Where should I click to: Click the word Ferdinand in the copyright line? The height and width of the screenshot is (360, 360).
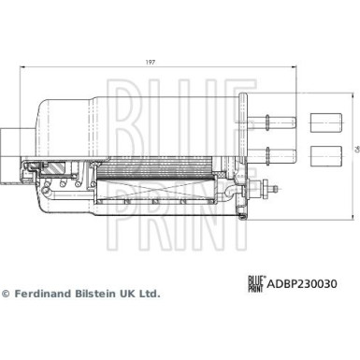[43, 292]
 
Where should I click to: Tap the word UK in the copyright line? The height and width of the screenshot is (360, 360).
[127, 292]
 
